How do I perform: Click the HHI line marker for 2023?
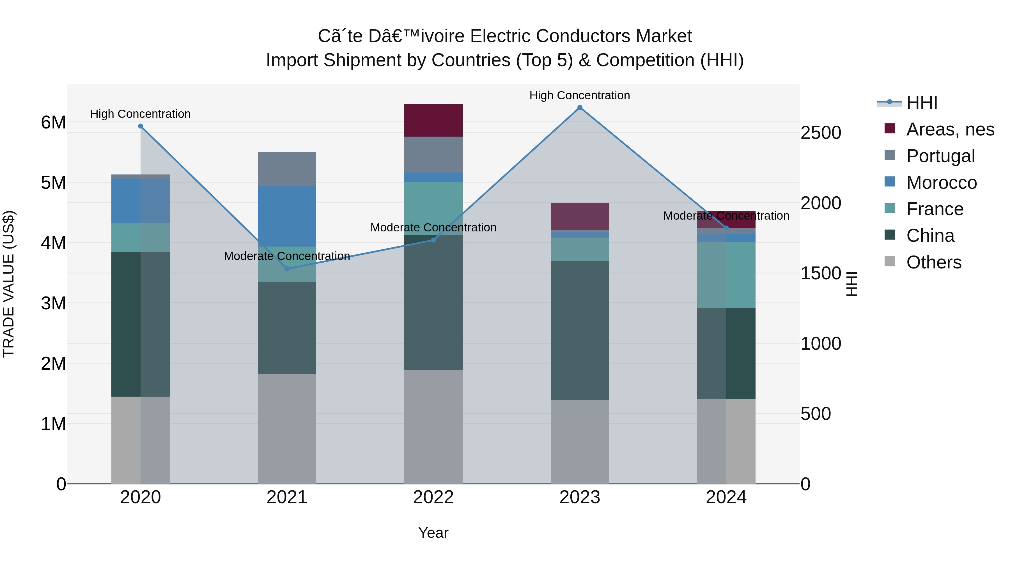click(x=580, y=107)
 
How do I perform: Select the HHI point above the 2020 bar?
click(x=140, y=126)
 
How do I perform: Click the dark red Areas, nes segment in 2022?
click(x=433, y=120)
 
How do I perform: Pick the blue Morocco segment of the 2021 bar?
click(x=287, y=216)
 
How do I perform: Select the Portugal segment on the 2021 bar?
click(x=287, y=169)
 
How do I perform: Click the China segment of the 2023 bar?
click(x=580, y=330)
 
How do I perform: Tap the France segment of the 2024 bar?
click(x=726, y=275)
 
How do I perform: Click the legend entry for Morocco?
click(x=941, y=183)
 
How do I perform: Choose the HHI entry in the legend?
click(x=921, y=103)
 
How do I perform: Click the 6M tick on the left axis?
click(x=53, y=122)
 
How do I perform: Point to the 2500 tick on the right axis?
click(x=821, y=133)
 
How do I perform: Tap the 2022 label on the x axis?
click(x=433, y=497)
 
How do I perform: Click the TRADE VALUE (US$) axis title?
click(x=9, y=284)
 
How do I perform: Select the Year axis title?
click(x=433, y=533)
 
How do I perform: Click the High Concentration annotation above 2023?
click(x=580, y=95)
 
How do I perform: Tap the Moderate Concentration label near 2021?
click(x=287, y=256)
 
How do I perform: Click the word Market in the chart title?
click(x=664, y=36)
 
